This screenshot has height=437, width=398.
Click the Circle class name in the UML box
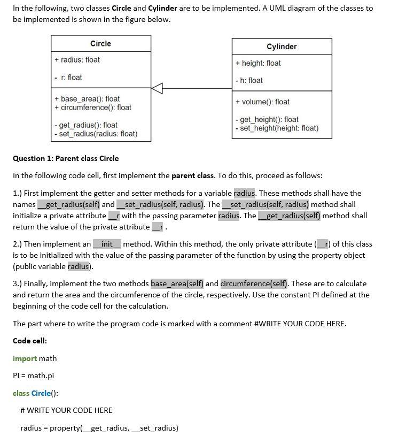pos(100,43)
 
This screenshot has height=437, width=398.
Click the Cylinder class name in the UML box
pos(282,47)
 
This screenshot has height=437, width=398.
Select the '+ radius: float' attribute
pos(77,60)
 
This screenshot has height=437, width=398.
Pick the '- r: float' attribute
pos(68,78)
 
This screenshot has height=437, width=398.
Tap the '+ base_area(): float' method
pos(87,99)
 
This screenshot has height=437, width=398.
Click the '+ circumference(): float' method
pos(93,108)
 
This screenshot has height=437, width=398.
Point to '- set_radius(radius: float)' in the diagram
pos(96,134)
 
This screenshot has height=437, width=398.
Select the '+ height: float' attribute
pos(258,63)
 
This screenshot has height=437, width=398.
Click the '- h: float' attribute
pos(249,80)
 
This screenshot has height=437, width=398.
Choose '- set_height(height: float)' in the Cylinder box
pos(277,128)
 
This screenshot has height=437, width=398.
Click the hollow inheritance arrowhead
pos(157,88)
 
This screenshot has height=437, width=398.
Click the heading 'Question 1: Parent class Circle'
pos(66,158)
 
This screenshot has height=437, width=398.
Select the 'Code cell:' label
pos(30,341)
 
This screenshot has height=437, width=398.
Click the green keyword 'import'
pos(25,358)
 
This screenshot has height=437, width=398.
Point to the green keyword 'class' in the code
pos(21,393)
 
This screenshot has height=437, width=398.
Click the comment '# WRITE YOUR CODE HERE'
pos(66,410)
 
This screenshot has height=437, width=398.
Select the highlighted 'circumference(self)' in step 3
pos(254,283)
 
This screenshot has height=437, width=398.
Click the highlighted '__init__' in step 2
pos(107,244)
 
